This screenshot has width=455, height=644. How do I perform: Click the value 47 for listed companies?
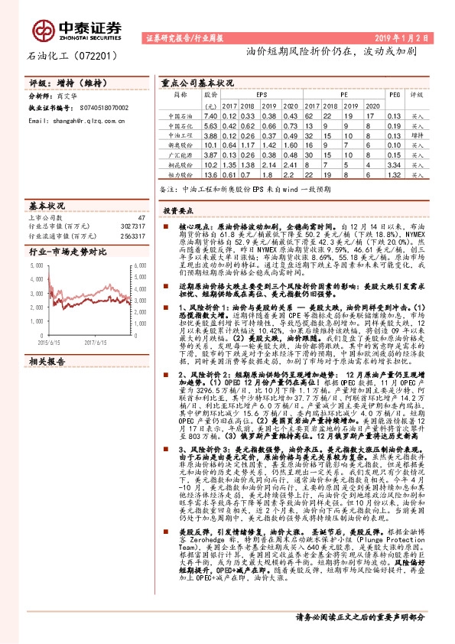click(141, 217)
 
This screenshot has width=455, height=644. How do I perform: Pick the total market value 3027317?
click(130, 226)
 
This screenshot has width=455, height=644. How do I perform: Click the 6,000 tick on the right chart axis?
click(140, 265)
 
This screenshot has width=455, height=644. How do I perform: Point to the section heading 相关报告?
click(47, 338)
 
